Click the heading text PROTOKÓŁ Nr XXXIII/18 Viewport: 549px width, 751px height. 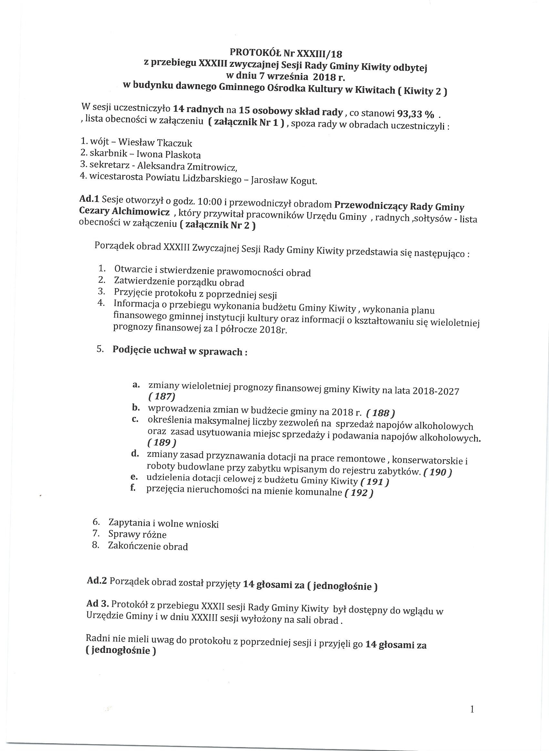click(x=286, y=53)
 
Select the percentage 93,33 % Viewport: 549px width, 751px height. click(x=415, y=114)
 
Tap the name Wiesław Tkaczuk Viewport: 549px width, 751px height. click(x=156, y=143)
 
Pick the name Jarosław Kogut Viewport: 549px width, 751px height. click(x=284, y=181)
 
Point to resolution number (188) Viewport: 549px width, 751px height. click(x=380, y=413)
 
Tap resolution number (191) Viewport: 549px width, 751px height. click(x=375, y=482)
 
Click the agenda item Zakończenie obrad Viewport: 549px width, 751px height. click(x=148, y=546)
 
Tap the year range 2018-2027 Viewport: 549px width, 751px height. click(x=436, y=391)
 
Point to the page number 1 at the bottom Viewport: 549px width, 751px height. click(x=472, y=709)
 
